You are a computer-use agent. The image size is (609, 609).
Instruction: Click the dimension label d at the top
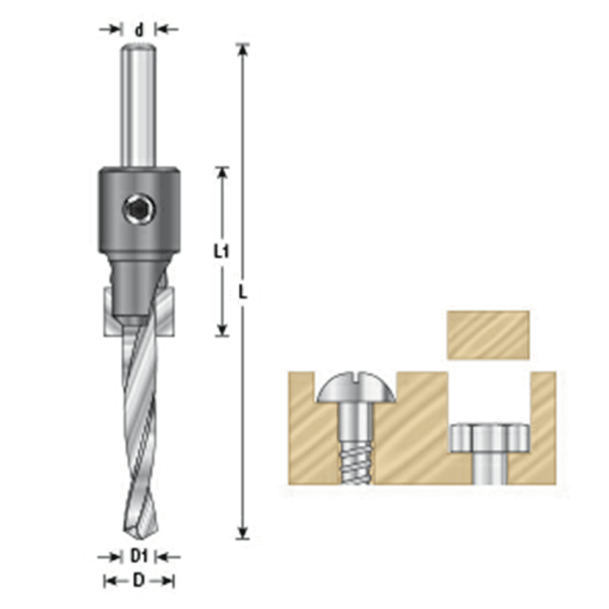[x=139, y=30]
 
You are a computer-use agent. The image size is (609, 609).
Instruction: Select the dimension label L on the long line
[x=243, y=293]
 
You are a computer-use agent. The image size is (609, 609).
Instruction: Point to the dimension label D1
[x=139, y=555]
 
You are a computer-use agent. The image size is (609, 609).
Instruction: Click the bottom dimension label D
[x=139, y=580]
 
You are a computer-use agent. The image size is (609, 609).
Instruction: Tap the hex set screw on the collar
[x=139, y=211]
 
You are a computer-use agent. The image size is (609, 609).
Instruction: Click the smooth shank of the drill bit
[x=139, y=104]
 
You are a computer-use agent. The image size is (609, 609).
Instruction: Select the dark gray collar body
[x=139, y=189]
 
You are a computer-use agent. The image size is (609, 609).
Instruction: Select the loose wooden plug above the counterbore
[x=488, y=334]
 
